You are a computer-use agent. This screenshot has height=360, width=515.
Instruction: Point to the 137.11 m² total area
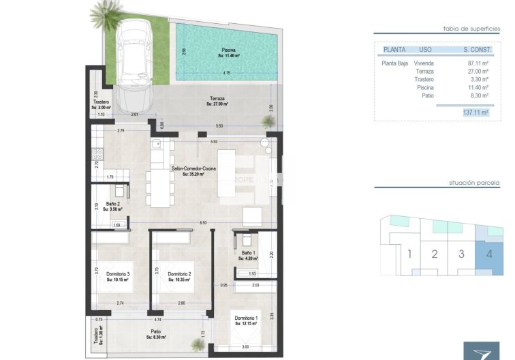(x=475, y=113)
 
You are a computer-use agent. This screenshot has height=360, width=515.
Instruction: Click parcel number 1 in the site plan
(x=409, y=254)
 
